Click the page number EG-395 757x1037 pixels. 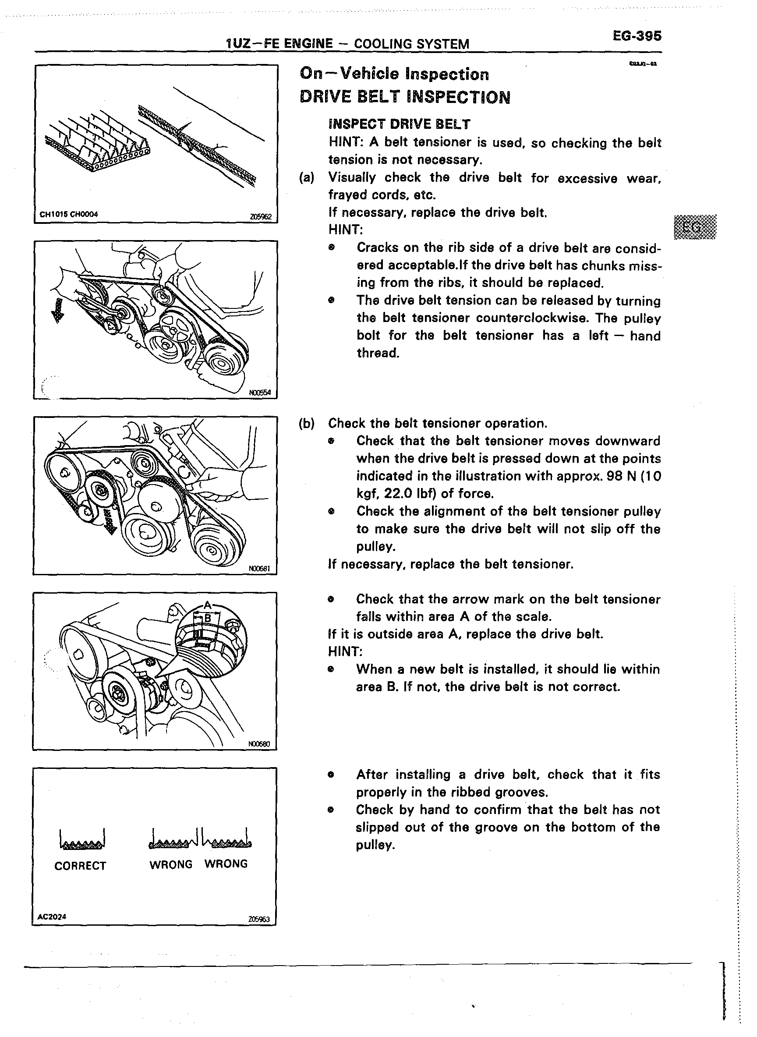pos(637,36)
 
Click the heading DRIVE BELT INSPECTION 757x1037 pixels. pos(405,97)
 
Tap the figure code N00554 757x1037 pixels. pos(260,392)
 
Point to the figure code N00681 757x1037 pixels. pos(260,569)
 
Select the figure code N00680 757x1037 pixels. pos(259,745)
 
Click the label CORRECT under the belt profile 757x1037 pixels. pos(80,866)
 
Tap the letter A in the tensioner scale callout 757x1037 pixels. pos(208,605)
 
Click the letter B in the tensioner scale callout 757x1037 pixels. pos(208,619)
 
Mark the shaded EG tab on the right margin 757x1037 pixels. pos(695,227)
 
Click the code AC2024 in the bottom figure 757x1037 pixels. pos(52,917)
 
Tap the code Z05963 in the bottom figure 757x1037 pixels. pos(259,919)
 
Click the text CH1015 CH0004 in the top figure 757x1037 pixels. pos(69,214)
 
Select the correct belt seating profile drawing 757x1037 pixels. pos(82,838)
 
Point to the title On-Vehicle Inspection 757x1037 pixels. pos(394,74)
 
